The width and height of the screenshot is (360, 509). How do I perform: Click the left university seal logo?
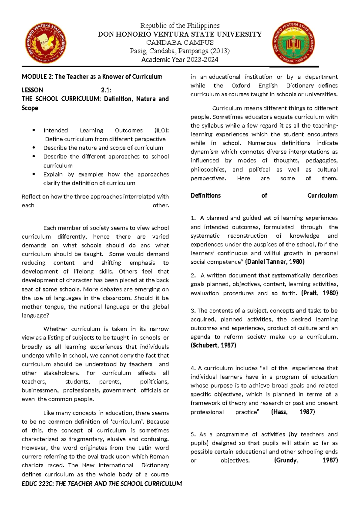tap(46, 43)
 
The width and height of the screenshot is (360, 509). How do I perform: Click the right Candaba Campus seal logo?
tap(293, 43)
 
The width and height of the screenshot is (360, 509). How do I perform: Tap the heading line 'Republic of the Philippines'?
tap(180, 26)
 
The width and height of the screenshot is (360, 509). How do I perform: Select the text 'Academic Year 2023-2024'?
tap(180, 59)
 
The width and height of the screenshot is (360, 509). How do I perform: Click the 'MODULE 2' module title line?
tap(92, 77)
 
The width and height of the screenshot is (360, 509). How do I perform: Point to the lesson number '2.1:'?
tap(106, 90)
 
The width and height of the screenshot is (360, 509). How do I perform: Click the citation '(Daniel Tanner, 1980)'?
tap(274, 262)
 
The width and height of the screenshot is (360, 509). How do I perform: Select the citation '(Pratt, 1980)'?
tap(319, 293)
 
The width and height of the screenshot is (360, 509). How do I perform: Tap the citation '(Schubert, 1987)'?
tap(213, 345)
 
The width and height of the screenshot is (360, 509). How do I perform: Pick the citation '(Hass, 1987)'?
tap(293, 412)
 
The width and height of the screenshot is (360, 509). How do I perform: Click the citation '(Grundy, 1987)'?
tap(306, 460)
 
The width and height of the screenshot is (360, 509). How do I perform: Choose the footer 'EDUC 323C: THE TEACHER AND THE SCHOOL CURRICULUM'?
tap(102, 484)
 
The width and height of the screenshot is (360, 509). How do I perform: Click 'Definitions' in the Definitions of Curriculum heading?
tap(205, 196)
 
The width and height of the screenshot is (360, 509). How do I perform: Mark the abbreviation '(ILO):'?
tap(161, 130)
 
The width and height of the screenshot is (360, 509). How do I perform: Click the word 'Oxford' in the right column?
tap(241, 86)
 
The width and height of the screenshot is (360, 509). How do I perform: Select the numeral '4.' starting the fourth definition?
tap(193, 368)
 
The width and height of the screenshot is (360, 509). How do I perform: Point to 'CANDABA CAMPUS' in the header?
tap(180, 43)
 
